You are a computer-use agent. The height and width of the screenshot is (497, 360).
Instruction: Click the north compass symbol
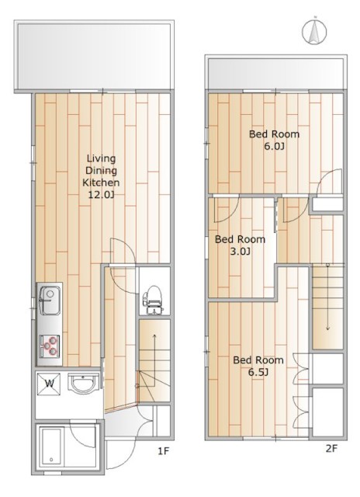point(314,32)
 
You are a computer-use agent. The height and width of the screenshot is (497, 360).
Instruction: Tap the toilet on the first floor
point(152,301)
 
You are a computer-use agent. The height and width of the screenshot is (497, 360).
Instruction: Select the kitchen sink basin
point(50,300)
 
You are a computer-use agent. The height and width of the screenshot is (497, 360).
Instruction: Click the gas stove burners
point(50,345)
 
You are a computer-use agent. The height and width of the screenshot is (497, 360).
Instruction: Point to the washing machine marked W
point(49,384)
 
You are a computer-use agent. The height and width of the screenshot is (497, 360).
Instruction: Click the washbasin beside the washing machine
point(85,383)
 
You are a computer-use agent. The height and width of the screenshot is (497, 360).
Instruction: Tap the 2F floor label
point(331,449)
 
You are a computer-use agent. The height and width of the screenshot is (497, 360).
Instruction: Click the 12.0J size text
point(101,195)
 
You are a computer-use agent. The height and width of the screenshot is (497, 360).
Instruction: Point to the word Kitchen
point(101,182)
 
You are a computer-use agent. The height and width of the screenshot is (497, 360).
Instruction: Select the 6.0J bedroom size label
point(274,147)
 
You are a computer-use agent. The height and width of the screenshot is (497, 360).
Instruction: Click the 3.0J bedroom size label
point(240,252)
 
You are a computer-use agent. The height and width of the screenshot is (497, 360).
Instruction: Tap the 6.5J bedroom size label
point(258,372)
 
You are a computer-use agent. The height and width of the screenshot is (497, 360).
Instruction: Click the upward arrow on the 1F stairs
point(154,360)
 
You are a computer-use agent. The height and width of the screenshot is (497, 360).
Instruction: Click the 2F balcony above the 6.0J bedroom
point(275,74)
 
